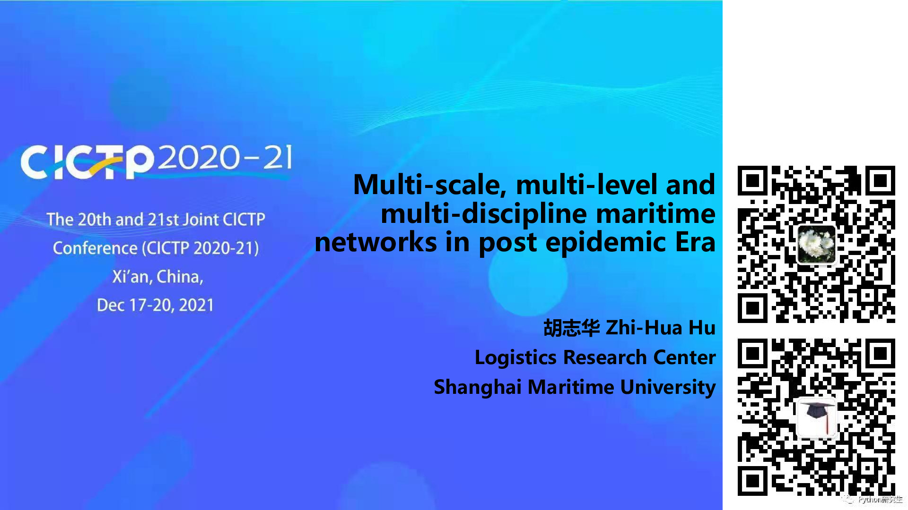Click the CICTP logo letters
click(87, 162)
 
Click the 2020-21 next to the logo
click(225, 157)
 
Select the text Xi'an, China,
click(157, 276)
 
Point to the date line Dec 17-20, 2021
click(155, 305)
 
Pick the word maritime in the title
click(655, 213)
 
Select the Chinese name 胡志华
click(571, 328)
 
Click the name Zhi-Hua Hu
click(661, 328)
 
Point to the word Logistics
click(515, 357)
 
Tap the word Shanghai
click(478, 387)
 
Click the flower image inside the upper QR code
click(817, 244)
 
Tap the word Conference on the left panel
click(95, 248)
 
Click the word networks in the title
click(376, 242)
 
